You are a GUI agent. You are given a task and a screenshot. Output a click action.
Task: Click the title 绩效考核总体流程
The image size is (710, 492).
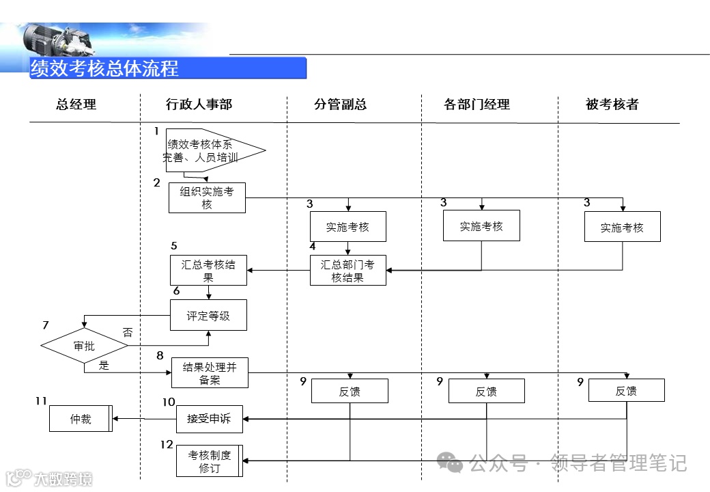click(104, 68)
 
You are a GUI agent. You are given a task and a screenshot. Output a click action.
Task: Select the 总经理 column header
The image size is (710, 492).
click(76, 105)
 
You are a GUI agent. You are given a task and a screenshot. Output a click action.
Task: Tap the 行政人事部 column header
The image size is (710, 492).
click(199, 105)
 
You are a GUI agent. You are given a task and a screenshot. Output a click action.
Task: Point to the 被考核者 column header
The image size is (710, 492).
click(612, 105)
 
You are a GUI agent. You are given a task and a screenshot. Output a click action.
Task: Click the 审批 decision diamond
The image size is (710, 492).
click(84, 346)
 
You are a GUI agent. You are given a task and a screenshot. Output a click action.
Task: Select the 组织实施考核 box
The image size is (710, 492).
click(207, 198)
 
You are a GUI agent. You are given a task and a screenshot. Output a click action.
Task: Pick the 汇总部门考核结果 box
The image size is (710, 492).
click(347, 271)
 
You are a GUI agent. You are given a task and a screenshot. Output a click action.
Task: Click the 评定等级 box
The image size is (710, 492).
click(208, 316)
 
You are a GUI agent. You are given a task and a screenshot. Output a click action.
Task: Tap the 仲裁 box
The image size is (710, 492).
click(80, 418)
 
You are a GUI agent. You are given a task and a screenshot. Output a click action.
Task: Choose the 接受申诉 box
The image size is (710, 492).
click(209, 418)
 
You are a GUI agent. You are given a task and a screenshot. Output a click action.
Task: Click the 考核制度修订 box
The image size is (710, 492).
click(209, 461)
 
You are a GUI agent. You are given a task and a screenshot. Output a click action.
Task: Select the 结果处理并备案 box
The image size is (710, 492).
click(210, 373)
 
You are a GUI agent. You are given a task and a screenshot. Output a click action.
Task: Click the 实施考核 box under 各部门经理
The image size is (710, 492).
click(481, 226)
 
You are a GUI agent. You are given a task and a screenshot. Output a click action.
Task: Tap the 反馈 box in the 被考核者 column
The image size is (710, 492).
click(626, 391)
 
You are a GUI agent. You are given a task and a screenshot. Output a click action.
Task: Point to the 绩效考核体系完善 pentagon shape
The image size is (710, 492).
click(208, 150)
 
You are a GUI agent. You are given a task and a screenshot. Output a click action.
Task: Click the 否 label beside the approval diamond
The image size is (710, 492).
click(128, 333)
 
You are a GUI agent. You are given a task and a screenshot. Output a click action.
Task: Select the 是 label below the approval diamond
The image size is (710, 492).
click(104, 365)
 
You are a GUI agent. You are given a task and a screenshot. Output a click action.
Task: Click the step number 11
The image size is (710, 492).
click(41, 400)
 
